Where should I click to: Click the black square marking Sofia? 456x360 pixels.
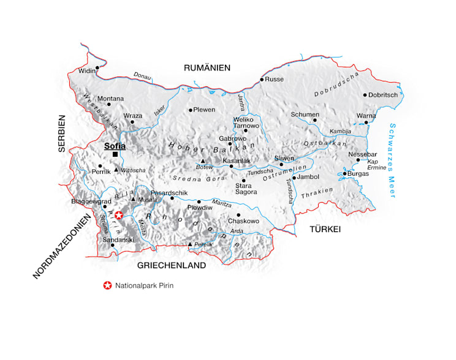tap(115, 154)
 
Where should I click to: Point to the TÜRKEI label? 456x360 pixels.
tap(324, 228)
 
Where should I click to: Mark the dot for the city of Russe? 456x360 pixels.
tap(261, 80)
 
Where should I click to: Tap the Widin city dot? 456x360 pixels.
tap(97, 68)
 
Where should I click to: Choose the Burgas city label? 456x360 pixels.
tap(359, 173)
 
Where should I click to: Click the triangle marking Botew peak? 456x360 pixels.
tap(203, 161)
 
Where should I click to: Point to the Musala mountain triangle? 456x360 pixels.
tap(133, 198)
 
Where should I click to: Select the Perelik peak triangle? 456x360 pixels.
tap(190, 245)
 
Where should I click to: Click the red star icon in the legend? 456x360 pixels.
tap(108, 285)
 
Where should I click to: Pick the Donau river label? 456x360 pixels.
tap(142, 75)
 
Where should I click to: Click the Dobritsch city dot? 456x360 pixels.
tap(365, 95)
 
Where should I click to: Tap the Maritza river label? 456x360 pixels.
tap(221, 203)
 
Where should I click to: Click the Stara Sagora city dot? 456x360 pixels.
tap(243, 181)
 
